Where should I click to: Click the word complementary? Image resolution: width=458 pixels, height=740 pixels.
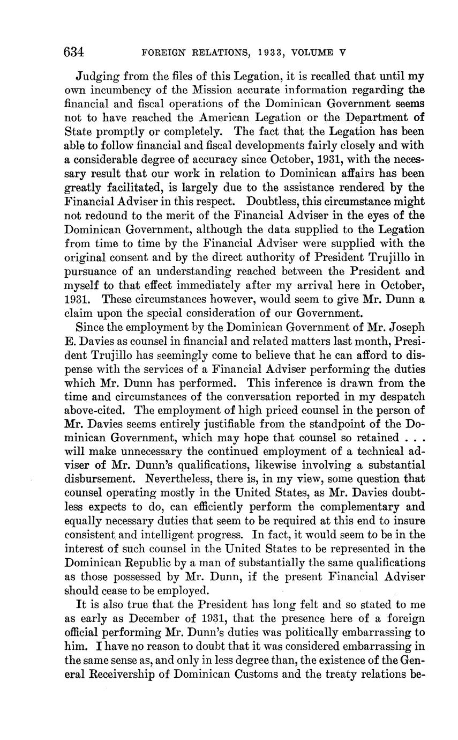pos(337,507)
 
